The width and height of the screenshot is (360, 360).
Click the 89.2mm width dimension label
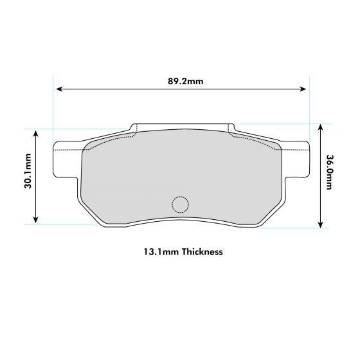tap(185, 82)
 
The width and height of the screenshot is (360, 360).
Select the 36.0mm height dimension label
tap(328, 173)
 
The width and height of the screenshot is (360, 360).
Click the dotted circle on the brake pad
tap(180, 204)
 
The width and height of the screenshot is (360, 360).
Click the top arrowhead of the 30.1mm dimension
tap(37, 132)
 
